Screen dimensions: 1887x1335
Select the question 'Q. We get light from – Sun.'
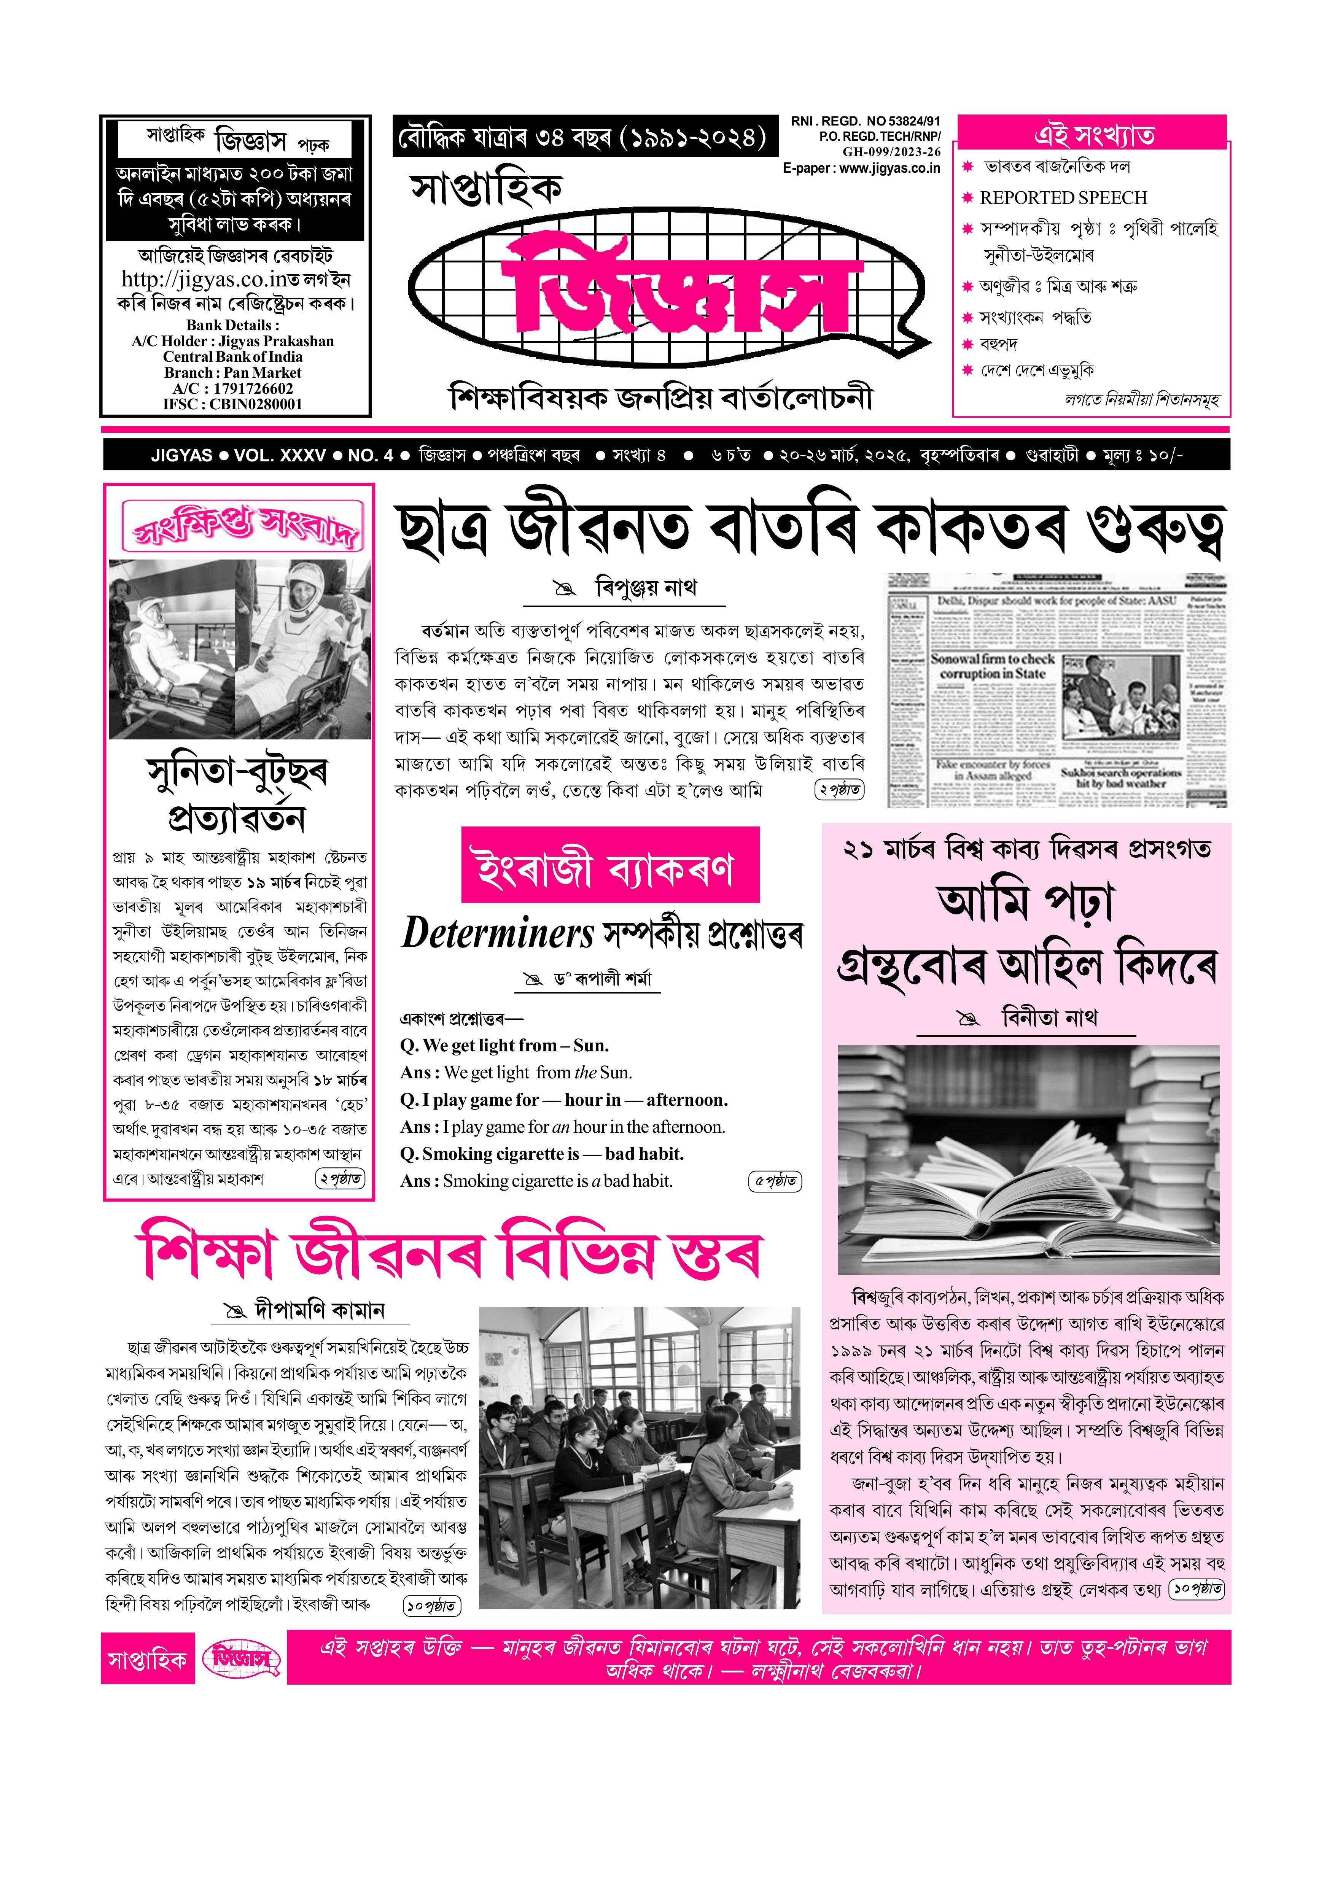point(504,1045)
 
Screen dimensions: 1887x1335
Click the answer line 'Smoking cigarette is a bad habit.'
point(557,1181)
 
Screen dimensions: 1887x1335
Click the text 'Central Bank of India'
point(232,357)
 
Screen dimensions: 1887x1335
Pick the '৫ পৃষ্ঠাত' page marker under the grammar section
point(775,1181)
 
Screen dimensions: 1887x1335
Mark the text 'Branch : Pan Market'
point(232,372)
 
